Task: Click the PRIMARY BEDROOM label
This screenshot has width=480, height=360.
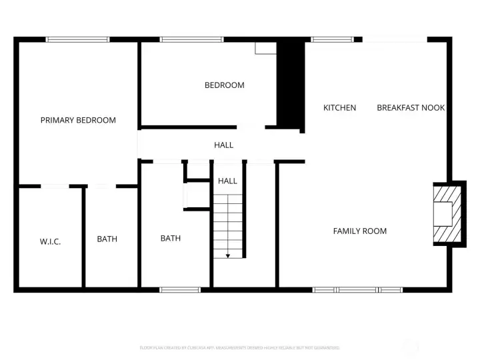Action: pyautogui.click(x=78, y=120)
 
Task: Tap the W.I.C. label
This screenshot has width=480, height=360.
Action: pyautogui.click(x=50, y=241)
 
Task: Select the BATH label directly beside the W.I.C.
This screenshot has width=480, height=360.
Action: pyautogui.click(x=107, y=239)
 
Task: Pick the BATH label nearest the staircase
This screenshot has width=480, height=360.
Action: pyautogui.click(x=170, y=238)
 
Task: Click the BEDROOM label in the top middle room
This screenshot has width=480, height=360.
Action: pyautogui.click(x=224, y=85)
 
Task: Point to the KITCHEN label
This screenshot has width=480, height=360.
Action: pyautogui.click(x=339, y=107)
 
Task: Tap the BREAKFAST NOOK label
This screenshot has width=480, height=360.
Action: pyautogui.click(x=411, y=107)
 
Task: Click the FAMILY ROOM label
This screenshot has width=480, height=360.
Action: pyautogui.click(x=360, y=231)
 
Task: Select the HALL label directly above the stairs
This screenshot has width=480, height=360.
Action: pyautogui.click(x=227, y=181)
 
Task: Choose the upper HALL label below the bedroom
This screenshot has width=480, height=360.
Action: pyautogui.click(x=223, y=145)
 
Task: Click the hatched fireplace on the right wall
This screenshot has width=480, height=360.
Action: pyautogui.click(x=445, y=214)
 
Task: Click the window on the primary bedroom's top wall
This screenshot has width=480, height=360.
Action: pyautogui.click(x=77, y=40)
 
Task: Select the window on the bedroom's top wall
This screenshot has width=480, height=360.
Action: pyautogui.click(x=191, y=40)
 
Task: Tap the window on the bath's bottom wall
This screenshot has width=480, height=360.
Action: pyautogui.click(x=180, y=289)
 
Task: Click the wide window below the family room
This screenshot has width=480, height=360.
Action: pyautogui.click(x=358, y=289)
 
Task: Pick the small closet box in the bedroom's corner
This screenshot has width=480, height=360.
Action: pyautogui.click(x=265, y=49)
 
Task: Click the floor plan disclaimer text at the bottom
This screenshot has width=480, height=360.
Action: pyautogui.click(x=240, y=347)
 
